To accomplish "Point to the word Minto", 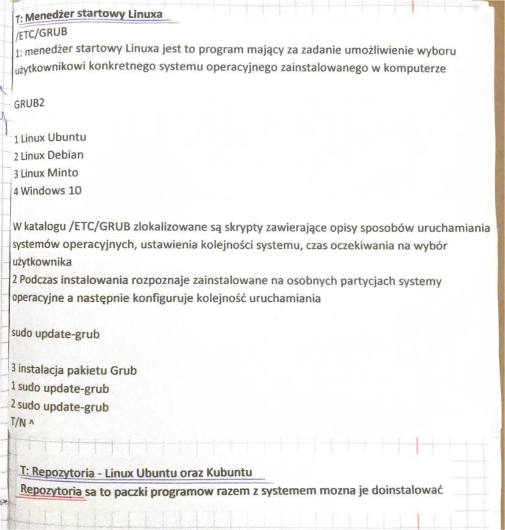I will click(63, 173).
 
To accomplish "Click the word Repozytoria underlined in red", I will click(52, 490).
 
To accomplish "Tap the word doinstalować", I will click(403, 490).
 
